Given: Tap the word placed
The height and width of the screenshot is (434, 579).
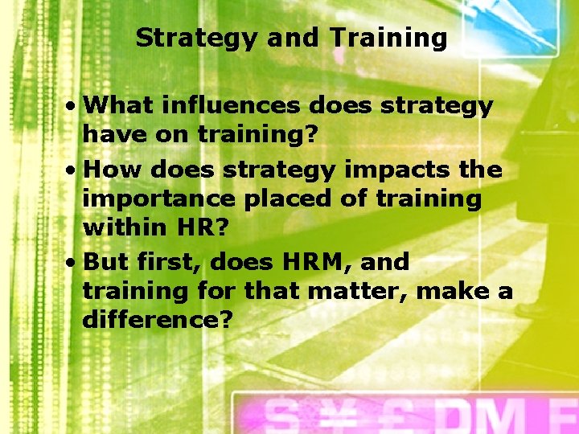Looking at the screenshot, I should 276,199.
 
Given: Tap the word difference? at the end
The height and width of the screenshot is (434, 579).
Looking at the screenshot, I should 158,320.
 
